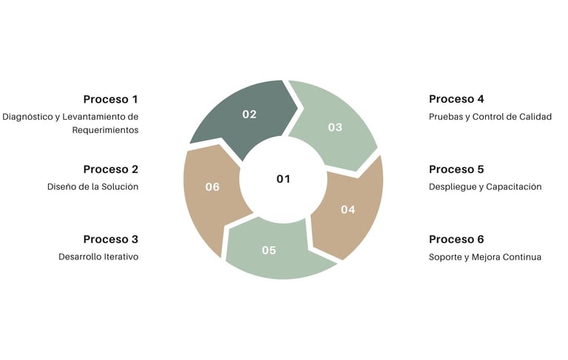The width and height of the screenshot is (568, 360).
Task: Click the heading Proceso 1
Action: click(110, 99)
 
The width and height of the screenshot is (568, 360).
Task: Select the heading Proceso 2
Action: click(110, 169)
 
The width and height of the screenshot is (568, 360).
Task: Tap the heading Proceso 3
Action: click(110, 239)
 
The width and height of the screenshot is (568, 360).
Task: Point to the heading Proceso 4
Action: click(456, 99)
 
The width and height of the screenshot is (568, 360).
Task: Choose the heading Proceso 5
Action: click(456, 169)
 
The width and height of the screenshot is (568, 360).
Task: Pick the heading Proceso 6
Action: click(456, 239)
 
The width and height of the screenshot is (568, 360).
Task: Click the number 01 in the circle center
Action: click(283, 179)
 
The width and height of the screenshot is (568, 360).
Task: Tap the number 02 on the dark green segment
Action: click(249, 115)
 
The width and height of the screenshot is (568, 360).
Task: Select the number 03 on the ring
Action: click(335, 127)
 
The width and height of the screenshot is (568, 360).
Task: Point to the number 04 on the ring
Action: click(348, 209)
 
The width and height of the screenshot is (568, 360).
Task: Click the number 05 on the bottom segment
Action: click(268, 250)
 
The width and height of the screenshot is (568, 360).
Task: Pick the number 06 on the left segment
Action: click(212, 187)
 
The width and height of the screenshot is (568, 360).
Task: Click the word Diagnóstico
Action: click(27, 117)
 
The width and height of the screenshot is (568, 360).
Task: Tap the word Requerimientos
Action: click(105, 130)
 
